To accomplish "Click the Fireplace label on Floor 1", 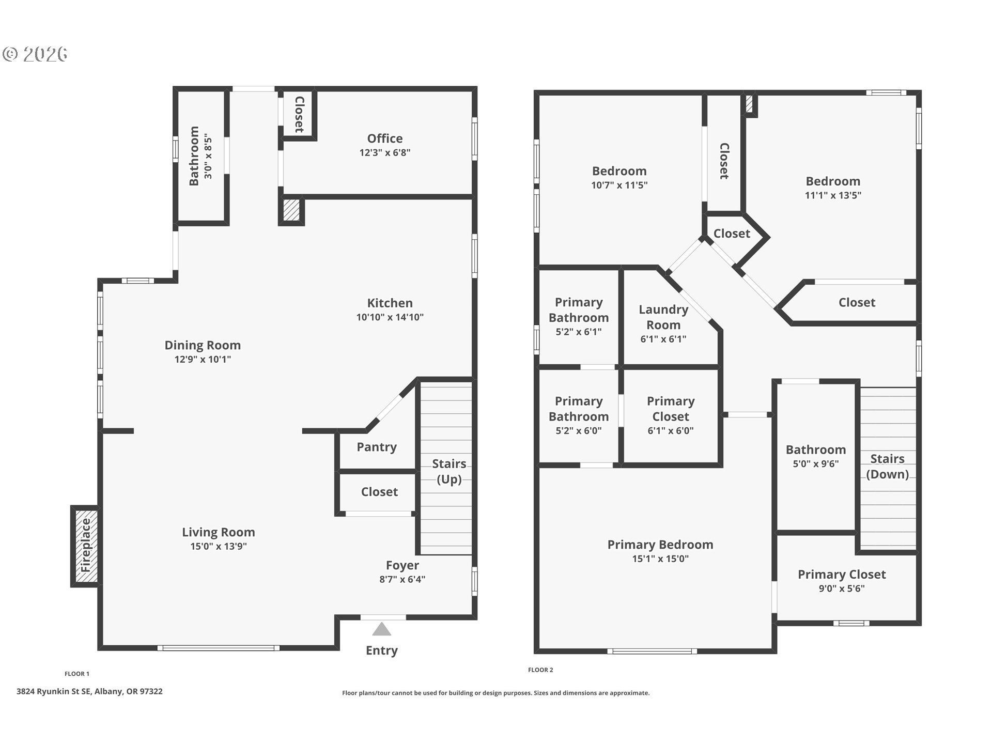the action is point(86,545).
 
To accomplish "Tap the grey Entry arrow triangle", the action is point(382,629).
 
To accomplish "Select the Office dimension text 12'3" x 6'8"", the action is point(385,152).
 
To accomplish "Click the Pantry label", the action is point(377,447).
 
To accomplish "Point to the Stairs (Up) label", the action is point(449,471).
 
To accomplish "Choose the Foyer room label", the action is point(402,565).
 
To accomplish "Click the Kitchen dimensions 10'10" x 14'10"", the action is point(390,317).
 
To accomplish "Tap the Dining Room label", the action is point(203,345).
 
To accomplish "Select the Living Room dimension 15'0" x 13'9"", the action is point(219,546).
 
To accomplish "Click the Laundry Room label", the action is point(663,317).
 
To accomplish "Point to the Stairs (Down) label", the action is point(887,467).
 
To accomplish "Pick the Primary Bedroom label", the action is point(660,545).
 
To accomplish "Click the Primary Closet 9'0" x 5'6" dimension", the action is point(842,588).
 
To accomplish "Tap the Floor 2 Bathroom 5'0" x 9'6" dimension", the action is point(816,464).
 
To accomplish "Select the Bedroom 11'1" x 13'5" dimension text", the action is point(833,195).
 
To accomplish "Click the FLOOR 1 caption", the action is point(77,674).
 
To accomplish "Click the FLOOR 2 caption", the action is point(540,670).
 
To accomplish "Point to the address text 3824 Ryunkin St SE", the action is point(54,691).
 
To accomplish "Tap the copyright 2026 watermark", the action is point(35,54).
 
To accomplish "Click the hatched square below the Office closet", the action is point(291,210).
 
